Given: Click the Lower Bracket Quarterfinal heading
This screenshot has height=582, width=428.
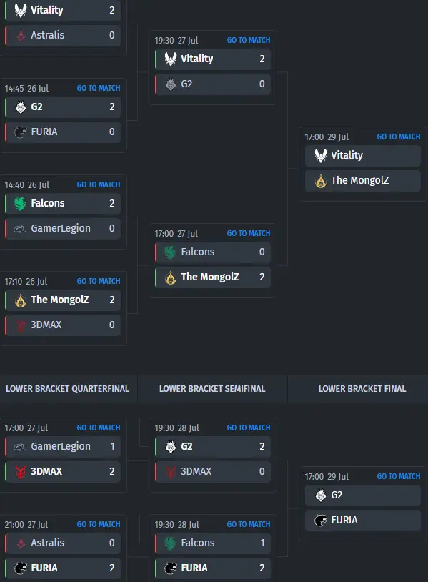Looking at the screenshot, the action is pos(67,389).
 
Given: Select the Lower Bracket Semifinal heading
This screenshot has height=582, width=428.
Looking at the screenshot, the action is pos(212,389).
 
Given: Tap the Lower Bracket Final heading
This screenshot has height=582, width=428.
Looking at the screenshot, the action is pos(362,389).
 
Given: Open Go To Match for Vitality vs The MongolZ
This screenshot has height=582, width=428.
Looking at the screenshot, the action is pos(399,137).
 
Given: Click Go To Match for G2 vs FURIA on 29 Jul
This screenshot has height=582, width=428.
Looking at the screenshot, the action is pos(399,476).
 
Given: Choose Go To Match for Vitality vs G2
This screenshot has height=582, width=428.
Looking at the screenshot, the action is pos(249,40).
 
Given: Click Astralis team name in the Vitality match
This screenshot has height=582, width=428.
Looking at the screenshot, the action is pos(47,35).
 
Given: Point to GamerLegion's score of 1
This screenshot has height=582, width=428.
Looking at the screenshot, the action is pos(112,446).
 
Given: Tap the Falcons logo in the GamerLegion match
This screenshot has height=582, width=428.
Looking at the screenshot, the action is pos(21,203).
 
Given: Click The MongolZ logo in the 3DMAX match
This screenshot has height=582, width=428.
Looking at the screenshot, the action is pos(21,300).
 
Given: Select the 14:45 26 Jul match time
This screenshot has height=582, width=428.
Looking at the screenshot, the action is pos(26,89).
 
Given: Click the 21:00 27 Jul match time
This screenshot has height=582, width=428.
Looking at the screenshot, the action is pos(26,525).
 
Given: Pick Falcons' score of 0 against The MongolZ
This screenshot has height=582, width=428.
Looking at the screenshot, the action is pos(262,252).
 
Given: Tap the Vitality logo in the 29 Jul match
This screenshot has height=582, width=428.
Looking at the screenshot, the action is pos(321,155).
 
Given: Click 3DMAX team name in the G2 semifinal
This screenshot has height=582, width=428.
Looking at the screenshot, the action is pos(196,471).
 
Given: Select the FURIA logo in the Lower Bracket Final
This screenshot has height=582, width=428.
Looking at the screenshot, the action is pos(321,521).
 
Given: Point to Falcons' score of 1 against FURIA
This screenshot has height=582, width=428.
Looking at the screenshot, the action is pos(262,543).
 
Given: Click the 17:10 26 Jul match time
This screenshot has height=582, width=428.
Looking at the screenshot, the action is pos(26,282).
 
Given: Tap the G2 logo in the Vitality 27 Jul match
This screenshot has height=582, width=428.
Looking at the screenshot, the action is pos(171,84).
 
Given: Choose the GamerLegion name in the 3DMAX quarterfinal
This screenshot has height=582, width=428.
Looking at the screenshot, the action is pos(61,447).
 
